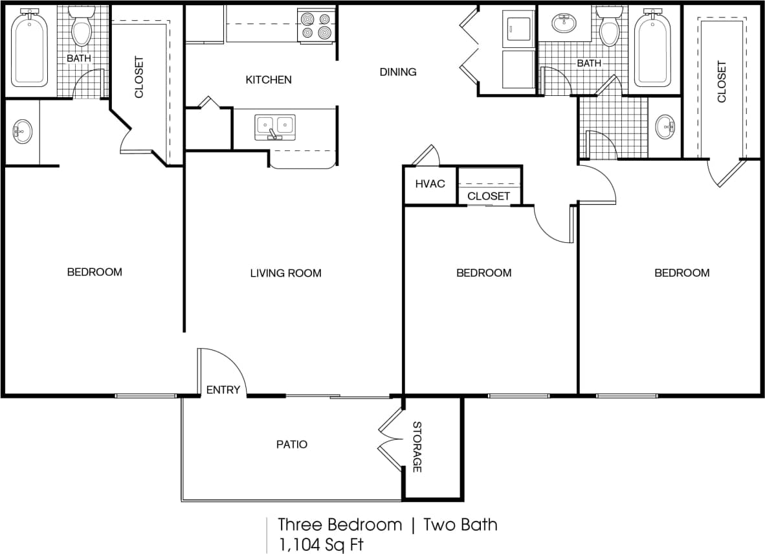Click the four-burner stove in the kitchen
[x=316, y=25]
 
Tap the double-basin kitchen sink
[x=275, y=125]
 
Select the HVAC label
[x=430, y=183]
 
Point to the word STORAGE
[x=417, y=447]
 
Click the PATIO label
[x=292, y=444]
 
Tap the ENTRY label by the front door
[x=223, y=389]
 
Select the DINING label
[x=398, y=72]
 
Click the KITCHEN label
[x=269, y=80]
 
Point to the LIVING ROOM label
[x=285, y=273]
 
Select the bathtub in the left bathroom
[x=30, y=49]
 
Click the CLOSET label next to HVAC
[x=489, y=196]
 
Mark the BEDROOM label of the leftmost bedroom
[x=94, y=272]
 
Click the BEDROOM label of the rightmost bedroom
[x=682, y=273]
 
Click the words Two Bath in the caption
[x=460, y=524]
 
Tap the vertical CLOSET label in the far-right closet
[x=722, y=82]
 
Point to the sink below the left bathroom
[x=22, y=132]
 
